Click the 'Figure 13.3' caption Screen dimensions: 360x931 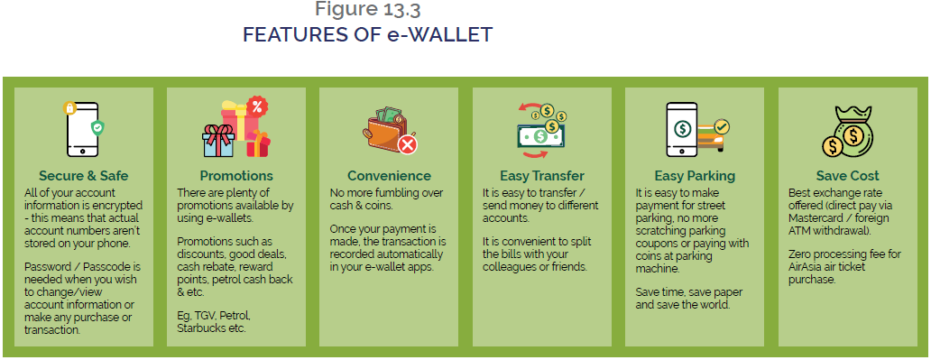(367, 10)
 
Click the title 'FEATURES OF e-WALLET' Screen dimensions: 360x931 (367, 35)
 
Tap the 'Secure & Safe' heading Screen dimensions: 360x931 (84, 175)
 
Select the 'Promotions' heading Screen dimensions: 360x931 (236, 175)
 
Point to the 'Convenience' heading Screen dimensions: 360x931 (389, 175)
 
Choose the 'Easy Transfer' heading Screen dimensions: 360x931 (541, 175)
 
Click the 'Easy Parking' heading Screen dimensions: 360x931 (694, 175)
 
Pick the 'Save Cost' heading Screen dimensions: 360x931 (847, 175)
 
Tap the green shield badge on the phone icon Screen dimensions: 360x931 (97, 128)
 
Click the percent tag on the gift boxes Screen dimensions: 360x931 (256, 106)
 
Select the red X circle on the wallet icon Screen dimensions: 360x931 (409, 143)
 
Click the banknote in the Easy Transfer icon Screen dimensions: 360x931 (540, 136)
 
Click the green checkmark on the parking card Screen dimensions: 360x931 (722, 126)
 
